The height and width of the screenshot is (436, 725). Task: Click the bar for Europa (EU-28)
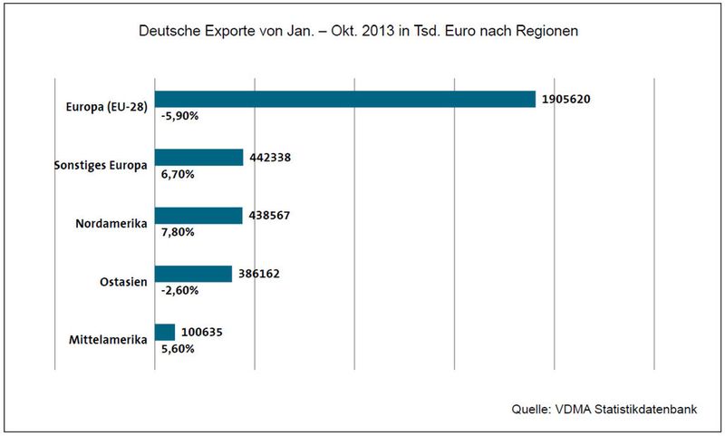point(345,100)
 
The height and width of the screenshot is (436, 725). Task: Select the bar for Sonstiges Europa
point(199,158)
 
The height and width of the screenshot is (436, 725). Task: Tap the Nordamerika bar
point(198,216)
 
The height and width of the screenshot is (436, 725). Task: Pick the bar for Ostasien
point(194,274)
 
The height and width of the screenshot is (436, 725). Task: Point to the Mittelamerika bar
point(165,332)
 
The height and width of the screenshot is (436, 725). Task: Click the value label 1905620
point(567,100)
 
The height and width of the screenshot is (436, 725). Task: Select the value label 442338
point(270,158)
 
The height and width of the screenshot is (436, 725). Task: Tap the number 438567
point(269,216)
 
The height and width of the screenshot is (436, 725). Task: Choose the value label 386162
point(259,274)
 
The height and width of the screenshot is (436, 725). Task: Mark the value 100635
point(201,332)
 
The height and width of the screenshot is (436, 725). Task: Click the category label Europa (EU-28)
point(107,107)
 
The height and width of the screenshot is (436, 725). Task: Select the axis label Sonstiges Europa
point(101,165)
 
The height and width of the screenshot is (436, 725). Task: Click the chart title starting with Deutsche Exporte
point(359,31)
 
